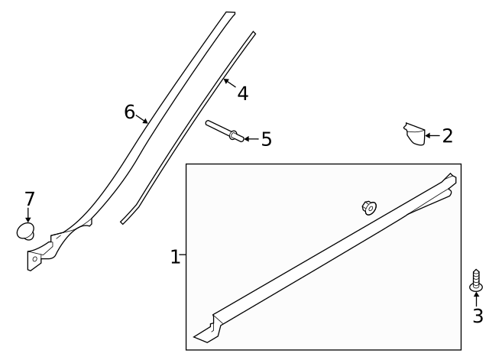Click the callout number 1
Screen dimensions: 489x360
pyautogui.click(x=175, y=257)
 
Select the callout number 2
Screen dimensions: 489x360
pyautogui.click(x=448, y=136)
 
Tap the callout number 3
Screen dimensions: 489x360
pyautogui.click(x=478, y=316)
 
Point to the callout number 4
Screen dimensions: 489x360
pyautogui.click(x=243, y=93)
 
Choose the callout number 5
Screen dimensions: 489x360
pyautogui.click(x=267, y=139)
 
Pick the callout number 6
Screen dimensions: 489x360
pyautogui.click(x=129, y=112)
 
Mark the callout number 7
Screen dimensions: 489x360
pyautogui.click(x=29, y=199)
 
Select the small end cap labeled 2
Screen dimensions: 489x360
pyautogui.click(x=414, y=135)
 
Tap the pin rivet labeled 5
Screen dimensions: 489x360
pyautogui.click(x=225, y=131)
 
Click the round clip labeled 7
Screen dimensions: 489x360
pyautogui.click(x=25, y=232)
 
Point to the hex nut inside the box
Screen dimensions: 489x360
pyautogui.click(x=369, y=208)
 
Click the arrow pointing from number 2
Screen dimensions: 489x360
pyautogui.click(x=432, y=136)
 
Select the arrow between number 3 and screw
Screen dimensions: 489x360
pyautogui.click(x=476, y=300)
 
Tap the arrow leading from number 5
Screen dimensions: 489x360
pyautogui.click(x=251, y=139)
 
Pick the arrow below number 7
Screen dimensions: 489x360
pyautogui.click(x=28, y=215)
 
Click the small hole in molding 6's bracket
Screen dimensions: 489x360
pyautogui.click(x=35, y=259)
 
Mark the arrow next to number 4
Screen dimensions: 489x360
pyautogui.click(x=229, y=83)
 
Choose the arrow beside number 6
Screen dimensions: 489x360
pyautogui.click(x=141, y=119)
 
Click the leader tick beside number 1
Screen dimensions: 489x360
pyautogui.click(x=183, y=255)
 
